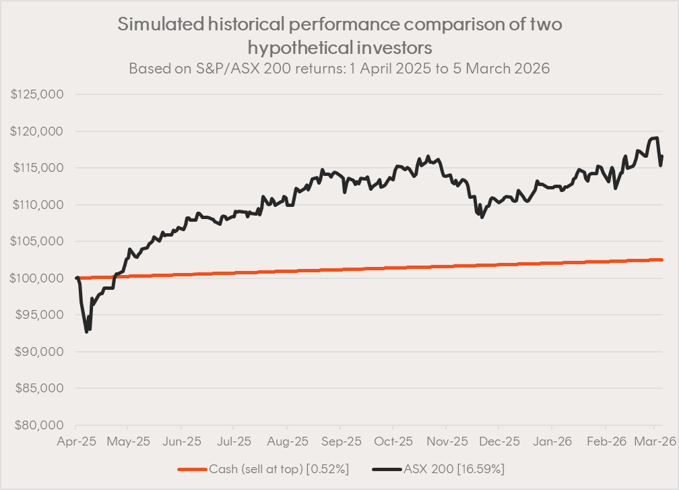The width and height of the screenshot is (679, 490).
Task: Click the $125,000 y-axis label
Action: click(37, 94)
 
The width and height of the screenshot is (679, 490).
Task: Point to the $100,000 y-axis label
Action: click(37, 278)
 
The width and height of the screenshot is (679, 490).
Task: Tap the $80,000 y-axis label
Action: click(40, 425)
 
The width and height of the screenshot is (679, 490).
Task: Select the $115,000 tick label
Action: click(37, 168)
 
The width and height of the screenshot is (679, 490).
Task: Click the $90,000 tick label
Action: click(40, 352)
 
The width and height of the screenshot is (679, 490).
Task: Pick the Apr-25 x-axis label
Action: click(77, 441)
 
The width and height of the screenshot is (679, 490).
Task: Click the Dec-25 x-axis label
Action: click(498, 441)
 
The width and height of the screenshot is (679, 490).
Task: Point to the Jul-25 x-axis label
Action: click(233, 441)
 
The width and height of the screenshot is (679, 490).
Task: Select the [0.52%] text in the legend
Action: click(327, 469)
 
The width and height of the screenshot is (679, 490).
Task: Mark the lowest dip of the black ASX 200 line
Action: click(86, 332)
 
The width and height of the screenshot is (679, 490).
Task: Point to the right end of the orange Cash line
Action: click(662, 260)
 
